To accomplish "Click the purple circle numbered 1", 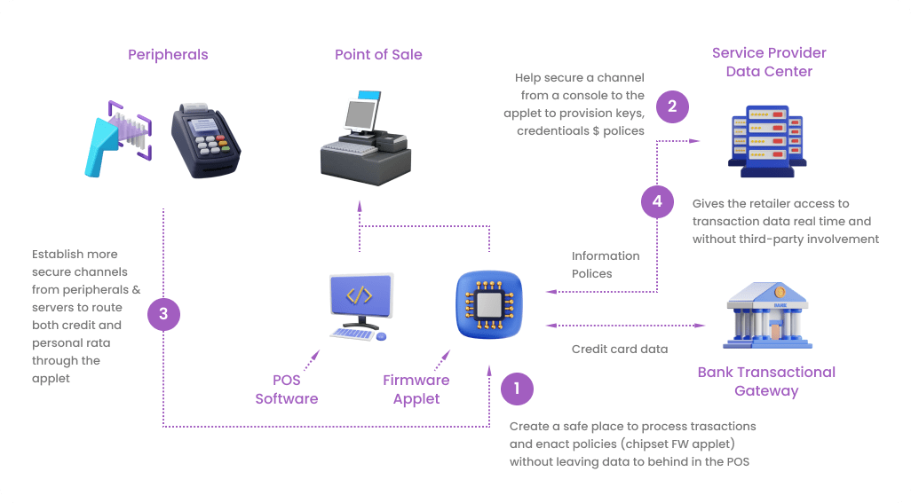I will pyautogui.click(x=517, y=388).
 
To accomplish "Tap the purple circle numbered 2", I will pyautogui.click(x=672, y=107).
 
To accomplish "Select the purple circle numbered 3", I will pyautogui.click(x=163, y=314).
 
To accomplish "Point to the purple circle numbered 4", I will pyautogui.click(x=657, y=201).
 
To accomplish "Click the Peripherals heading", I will pyautogui.click(x=168, y=55).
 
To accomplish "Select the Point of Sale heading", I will pyautogui.click(x=378, y=55).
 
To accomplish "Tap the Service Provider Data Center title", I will pyautogui.click(x=769, y=62).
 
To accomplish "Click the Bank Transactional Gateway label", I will pyautogui.click(x=766, y=381).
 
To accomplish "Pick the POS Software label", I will pyautogui.click(x=286, y=389).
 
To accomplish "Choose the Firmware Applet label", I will pyautogui.click(x=416, y=389).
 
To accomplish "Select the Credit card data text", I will pyautogui.click(x=619, y=350).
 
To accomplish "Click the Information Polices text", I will pyautogui.click(x=605, y=264).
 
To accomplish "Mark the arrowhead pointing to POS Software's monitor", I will pyautogui.click(x=313, y=354).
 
